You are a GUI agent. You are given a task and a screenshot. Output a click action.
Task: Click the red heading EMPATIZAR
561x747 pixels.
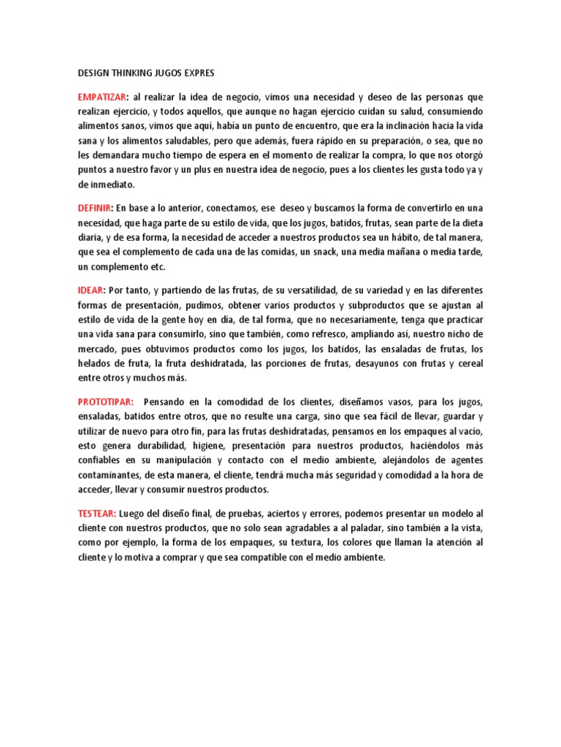[102, 97]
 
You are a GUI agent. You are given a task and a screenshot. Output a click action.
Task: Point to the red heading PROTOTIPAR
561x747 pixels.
[105, 401]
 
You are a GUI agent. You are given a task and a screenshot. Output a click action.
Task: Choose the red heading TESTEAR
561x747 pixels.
[98, 513]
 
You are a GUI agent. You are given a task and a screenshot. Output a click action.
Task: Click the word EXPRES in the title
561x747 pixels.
[197, 74]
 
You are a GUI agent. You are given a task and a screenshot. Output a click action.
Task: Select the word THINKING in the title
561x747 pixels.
[136, 74]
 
